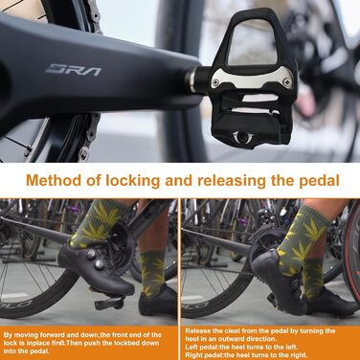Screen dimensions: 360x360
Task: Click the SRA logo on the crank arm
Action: pyautogui.click(x=73, y=70)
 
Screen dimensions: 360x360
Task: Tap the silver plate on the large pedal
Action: pyautogui.click(x=252, y=79)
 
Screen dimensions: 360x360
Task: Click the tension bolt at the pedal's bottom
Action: pyautogui.click(x=241, y=138)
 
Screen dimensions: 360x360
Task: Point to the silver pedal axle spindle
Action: pyautogui.click(x=197, y=79)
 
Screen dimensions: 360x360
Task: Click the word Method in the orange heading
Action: pyautogui.click(x=54, y=181)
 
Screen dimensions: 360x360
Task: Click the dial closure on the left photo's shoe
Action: pyautogui.click(x=100, y=263)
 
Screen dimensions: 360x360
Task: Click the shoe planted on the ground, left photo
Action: pyautogui.click(x=157, y=303)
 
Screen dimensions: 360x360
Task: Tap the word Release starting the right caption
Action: pyautogui.click(x=197, y=331)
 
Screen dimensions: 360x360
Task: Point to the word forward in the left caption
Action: pyautogui.click(x=54, y=335)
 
